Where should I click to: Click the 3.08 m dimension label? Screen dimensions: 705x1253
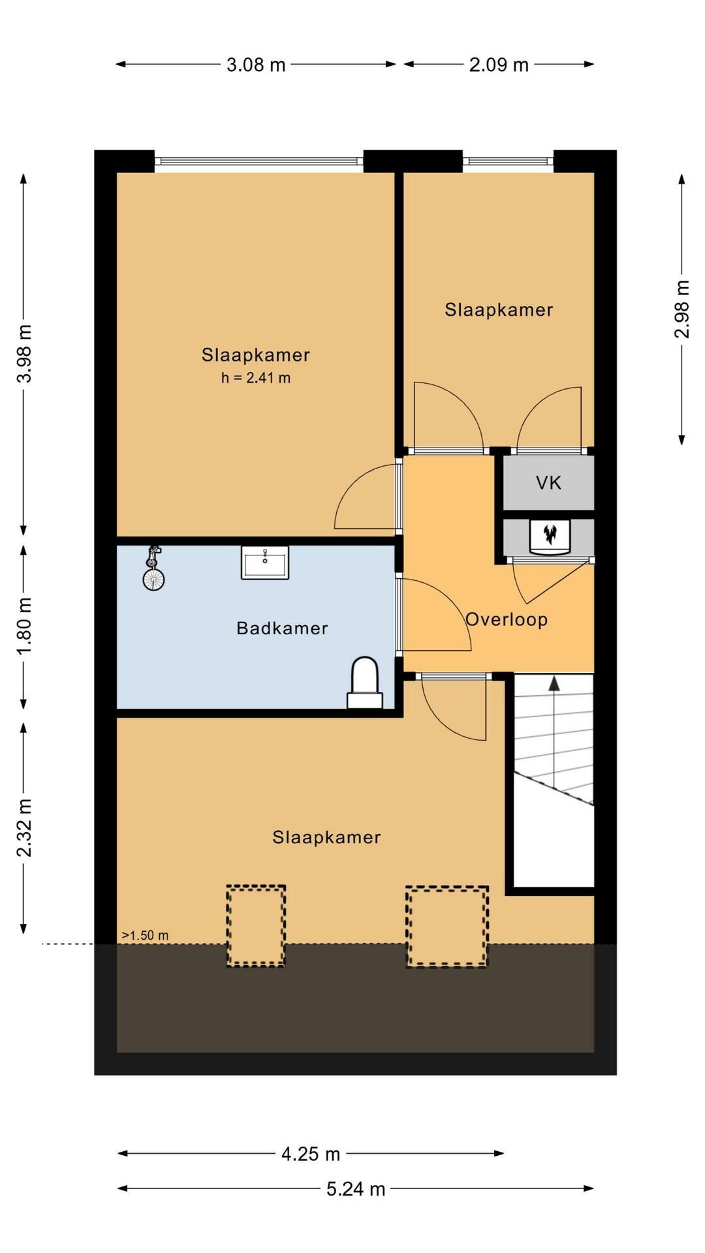coord(256,65)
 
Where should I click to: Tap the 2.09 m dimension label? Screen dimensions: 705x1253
coord(499,65)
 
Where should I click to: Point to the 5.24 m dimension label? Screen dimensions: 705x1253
coord(356,1189)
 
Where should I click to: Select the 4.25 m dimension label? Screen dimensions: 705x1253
coord(311,1154)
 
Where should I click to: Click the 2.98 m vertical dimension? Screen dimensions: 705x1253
coord(681,309)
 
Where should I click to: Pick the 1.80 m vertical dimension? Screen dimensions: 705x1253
coord(24,627)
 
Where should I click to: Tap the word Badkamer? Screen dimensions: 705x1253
coord(282,628)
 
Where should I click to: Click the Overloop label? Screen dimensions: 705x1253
coord(507,619)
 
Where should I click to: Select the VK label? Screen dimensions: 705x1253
coord(548,483)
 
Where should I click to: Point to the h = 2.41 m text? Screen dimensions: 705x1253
coord(256,378)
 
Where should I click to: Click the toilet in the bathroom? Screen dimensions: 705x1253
coord(365,682)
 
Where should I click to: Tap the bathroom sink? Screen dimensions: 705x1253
coord(265,563)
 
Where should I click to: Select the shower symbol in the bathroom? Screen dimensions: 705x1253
coord(154,569)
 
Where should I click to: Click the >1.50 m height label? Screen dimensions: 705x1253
coord(145,935)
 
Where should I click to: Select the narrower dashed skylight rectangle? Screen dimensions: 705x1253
coord(256,925)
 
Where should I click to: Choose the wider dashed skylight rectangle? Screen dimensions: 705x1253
coord(447,927)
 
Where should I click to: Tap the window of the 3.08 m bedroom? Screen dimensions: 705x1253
coord(258,161)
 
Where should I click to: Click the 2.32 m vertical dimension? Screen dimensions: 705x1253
coord(24,828)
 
